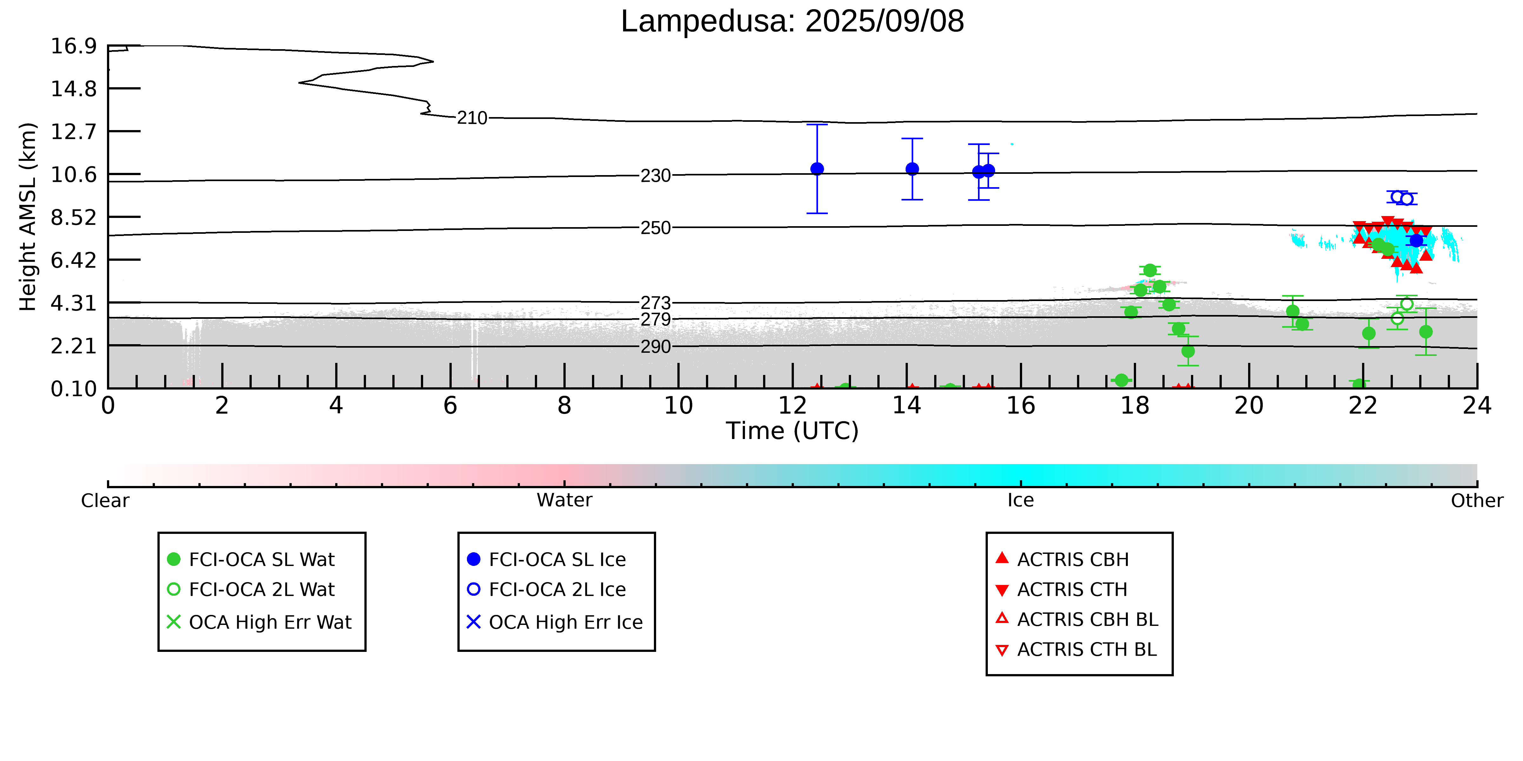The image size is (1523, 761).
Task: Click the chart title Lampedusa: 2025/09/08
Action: (792, 21)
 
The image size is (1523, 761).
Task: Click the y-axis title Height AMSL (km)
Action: (28, 217)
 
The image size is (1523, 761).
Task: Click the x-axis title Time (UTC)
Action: (792, 431)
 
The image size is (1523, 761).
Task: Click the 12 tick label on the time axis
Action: (792, 406)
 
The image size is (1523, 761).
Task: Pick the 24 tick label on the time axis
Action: (1477, 406)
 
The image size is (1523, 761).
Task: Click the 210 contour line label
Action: (472, 118)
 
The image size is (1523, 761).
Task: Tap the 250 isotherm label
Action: (656, 228)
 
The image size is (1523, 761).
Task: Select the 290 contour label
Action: (656, 347)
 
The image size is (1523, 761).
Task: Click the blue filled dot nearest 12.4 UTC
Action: (817, 169)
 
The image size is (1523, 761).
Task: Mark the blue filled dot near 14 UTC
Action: (912, 169)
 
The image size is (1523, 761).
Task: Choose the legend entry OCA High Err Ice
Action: (555, 622)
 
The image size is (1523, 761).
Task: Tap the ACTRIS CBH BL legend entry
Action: (1077, 620)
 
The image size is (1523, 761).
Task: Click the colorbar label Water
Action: (565, 501)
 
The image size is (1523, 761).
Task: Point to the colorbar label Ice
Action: (1021, 501)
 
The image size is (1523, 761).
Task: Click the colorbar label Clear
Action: (105, 501)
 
